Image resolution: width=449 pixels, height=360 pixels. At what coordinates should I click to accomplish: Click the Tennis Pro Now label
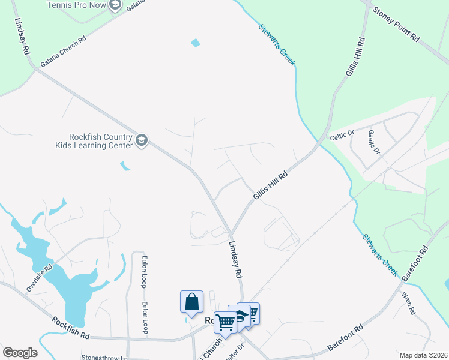(x=76, y=5)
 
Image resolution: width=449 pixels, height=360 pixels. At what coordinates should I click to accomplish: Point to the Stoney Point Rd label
(x=396, y=25)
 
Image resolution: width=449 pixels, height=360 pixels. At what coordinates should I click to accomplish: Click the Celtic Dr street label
(x=343, y=137)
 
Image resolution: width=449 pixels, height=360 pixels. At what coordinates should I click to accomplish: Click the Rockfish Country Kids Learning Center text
(x=93, y=141)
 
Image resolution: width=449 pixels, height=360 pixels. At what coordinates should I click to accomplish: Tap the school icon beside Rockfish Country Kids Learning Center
(x=142, y=141)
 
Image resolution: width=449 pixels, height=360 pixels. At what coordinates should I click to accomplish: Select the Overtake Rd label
(x=40, y=278)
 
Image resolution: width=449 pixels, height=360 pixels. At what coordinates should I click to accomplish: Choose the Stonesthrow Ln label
(x=105, y=358)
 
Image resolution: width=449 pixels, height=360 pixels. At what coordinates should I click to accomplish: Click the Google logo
(x=20, y=353)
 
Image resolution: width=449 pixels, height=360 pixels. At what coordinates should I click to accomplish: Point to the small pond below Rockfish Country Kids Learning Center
(x=125, y=166)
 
